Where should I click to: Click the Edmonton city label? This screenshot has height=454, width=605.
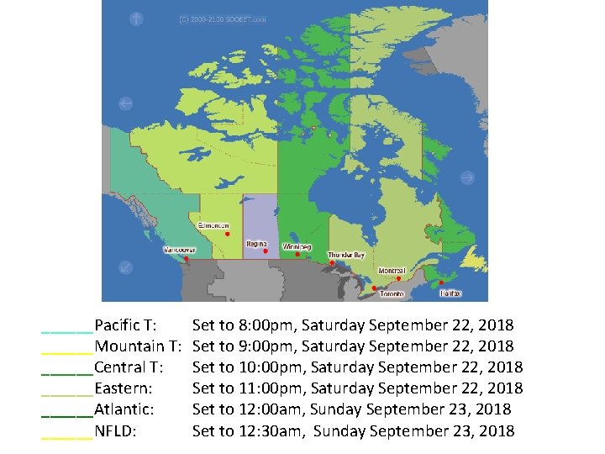tap(213, 225)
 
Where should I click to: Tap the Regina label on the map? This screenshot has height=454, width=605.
tap(256, 244)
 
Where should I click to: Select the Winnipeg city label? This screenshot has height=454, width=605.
tap(297, 247)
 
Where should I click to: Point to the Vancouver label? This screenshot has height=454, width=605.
tap(179, 250)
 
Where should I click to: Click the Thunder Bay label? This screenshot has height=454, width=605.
tap(346, 255)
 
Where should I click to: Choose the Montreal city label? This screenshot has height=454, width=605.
tap(392, 271)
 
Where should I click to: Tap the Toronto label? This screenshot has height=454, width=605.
tap(392, 294)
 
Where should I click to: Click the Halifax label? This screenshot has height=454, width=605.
tap(451, 293)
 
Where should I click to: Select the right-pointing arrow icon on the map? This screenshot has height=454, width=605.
tap(467, 177)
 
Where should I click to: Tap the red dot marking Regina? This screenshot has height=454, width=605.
tap(265, 251)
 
